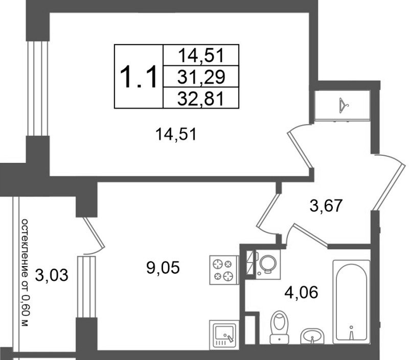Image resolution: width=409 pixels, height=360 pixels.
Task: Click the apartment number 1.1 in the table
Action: [138, 77]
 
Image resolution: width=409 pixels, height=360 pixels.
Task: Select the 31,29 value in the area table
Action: [201, 77]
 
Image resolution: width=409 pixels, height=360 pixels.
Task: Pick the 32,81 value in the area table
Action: [201, 99]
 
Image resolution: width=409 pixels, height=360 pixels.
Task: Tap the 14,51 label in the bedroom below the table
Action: [175, 135]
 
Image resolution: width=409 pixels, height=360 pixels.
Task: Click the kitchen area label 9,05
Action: [163, 268]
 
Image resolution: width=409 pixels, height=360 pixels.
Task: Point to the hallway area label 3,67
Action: [326, 206]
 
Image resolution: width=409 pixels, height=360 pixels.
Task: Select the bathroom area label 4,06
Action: [302, 293]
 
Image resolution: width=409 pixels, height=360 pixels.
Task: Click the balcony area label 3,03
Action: [52, 275]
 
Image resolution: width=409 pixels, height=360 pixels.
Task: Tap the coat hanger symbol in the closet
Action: [344, 105]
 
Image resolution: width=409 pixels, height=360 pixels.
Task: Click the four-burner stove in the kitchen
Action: [224, 270]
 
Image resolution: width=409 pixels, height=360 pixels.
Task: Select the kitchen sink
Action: [224, 335]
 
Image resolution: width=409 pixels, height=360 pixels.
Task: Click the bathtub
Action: [351, 302]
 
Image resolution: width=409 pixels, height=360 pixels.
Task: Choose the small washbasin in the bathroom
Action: [312, 336]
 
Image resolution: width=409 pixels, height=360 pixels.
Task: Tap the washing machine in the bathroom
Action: [267, 264]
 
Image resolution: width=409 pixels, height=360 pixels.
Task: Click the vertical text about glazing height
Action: [25, 273]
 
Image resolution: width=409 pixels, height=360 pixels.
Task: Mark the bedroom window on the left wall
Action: [38, 88]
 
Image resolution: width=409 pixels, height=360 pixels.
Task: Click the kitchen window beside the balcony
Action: [86, 287]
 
